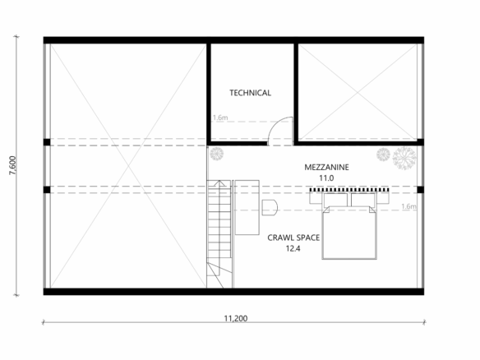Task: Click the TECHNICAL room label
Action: (250, 93)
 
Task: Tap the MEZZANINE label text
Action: (326, 167)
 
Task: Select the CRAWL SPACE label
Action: (293, 238)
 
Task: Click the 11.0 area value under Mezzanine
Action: (326, 178)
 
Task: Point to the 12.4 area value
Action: (293, 248)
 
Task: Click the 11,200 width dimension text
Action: (236, 318)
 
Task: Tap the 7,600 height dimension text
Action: (12, 165)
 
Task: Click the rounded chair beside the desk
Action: (270, 208)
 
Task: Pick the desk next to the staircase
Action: (247, 208)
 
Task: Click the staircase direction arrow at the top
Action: (219, 182)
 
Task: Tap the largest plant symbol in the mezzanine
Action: (404, 158)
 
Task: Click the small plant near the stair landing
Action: (217, 154)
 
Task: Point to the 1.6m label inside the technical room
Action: (220, 118)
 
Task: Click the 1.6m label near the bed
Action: (409, 206)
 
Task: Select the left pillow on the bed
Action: (335, 200)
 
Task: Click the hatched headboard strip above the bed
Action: (349, 190)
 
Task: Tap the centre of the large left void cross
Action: (128, 165)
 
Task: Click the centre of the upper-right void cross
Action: (358, 91)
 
